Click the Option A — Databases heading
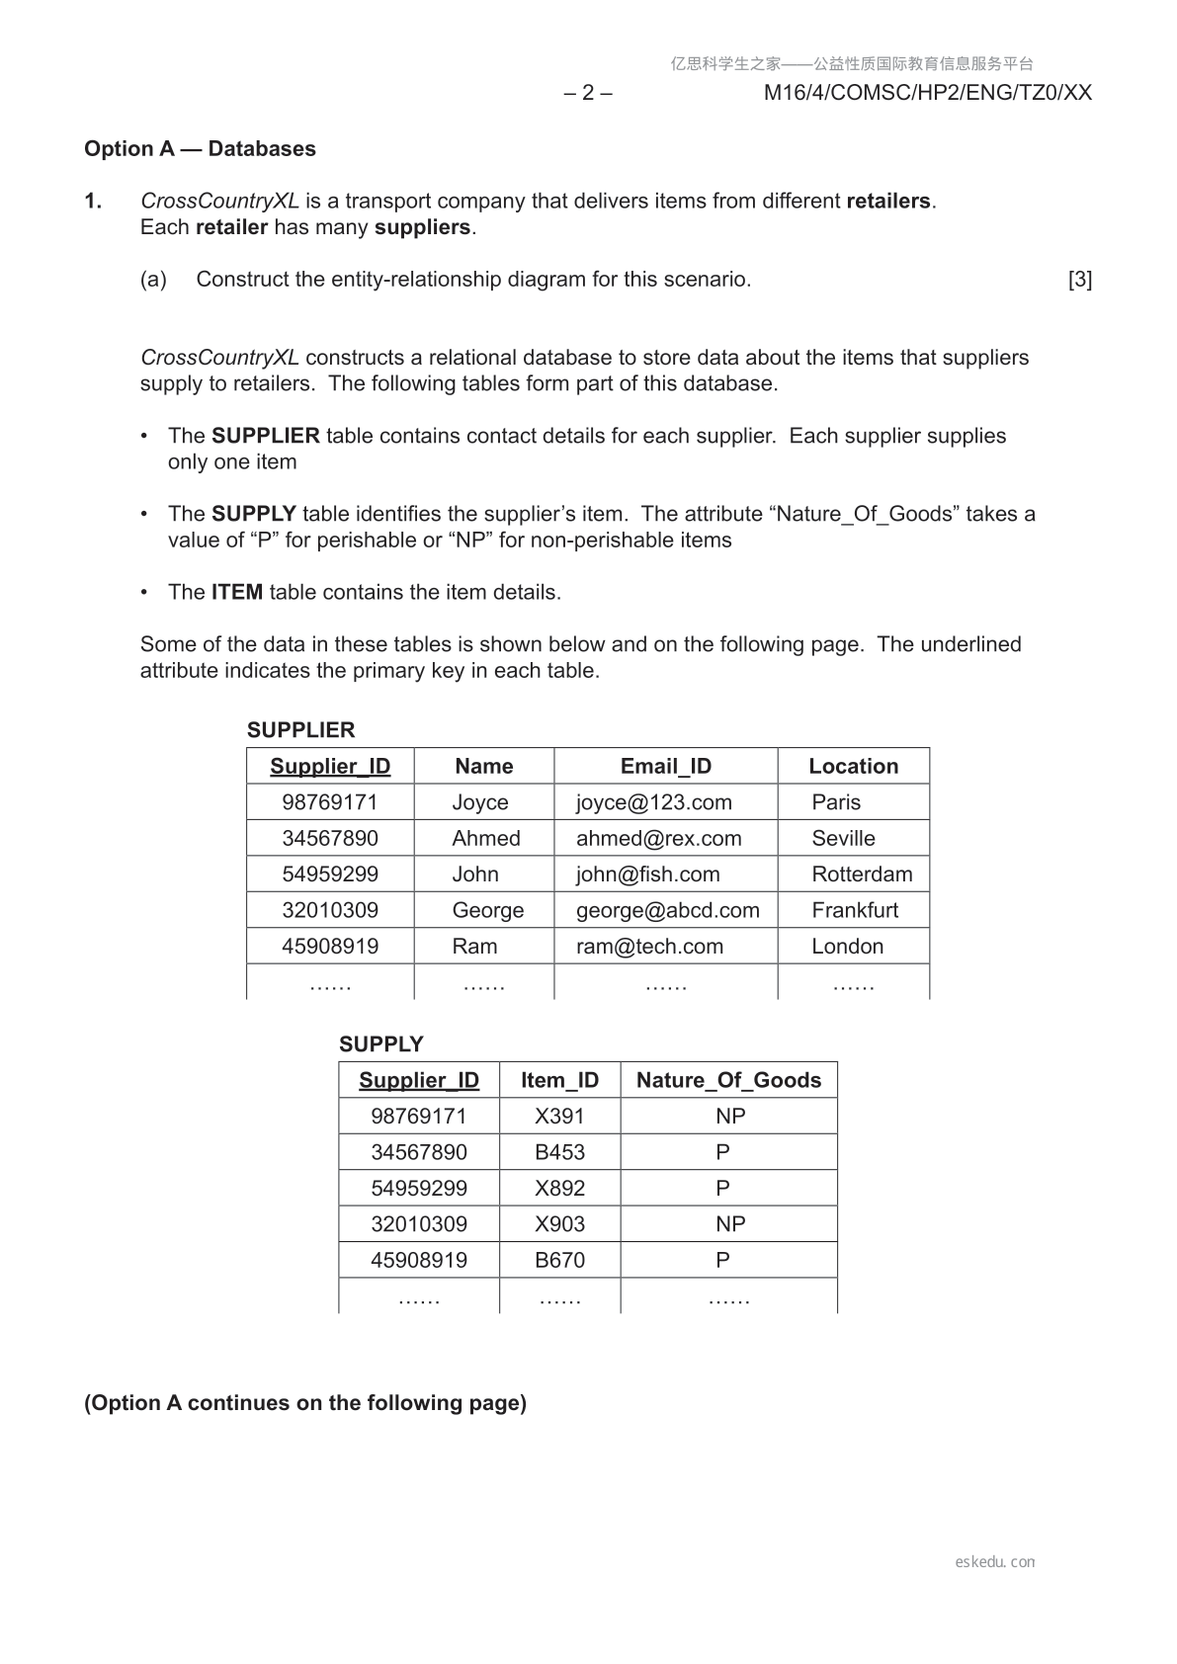pyautogui.click(x=200, y=149)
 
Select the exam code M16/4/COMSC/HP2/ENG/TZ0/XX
pyautogui.click(x=928, y=93)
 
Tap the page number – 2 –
pyautogui.click(x=588, y=93)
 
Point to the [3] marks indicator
pyautogui.click(x=1080, y=280)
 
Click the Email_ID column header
pyautogui.click(x=665, y=766)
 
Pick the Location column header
pyautogui.click(x=853, y=766)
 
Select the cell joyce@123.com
pyautogui.click(x=653, y=802)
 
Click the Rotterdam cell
pyautogui.click(x=862, y=874)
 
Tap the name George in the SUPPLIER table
pyautogui.click(x=487, y=910)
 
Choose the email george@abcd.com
pyautogui.click(x=667, y=910)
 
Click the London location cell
pyautogui.click(x=847, y=947)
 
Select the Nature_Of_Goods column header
pyautogui.click(x=728, y=1080)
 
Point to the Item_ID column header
pyautogui.click(x=559, y=1080)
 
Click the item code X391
pyautogui.click(x=559, y=1117)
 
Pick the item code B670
pyautogui.click(x=559, y=1261)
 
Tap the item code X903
pyautogui.click(x=559, y=1224)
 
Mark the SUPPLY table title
pyautogui.click(x=380, y=1044)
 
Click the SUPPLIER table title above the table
pyautogui.click(x=300, y=730)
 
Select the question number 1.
pyautogui.click(x=93, y=202)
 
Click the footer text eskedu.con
pyautogui.click(x=995, y=1562)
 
